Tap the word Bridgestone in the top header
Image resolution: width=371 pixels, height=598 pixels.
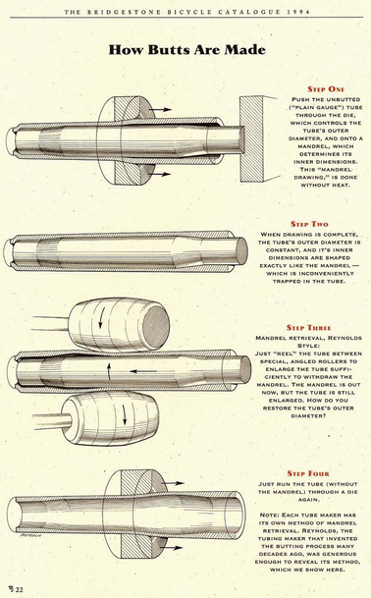[149, 10]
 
